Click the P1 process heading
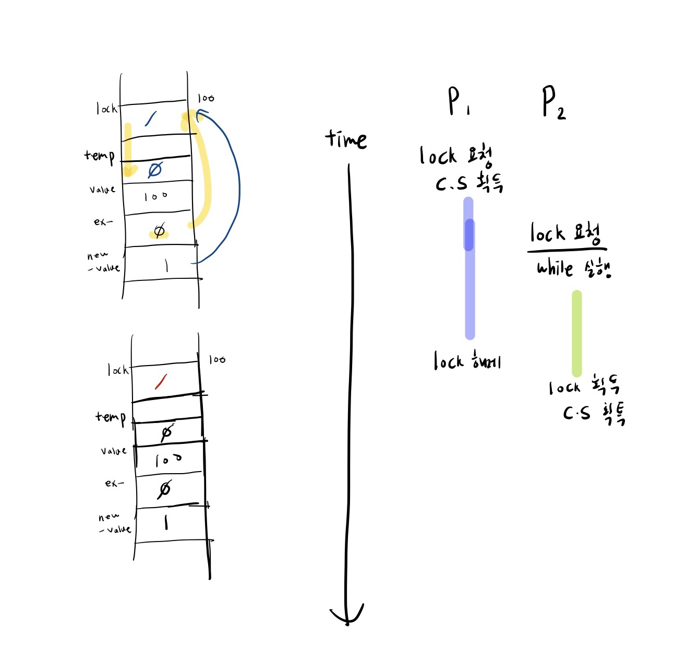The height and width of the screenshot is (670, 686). [458, 101]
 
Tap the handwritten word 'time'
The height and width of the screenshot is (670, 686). [346, 139]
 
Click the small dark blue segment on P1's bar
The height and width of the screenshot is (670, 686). [469, 234]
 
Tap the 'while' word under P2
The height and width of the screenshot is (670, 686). [555, 268]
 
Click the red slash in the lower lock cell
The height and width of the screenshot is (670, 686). [161, 382]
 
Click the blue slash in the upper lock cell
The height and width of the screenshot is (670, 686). [151, 119]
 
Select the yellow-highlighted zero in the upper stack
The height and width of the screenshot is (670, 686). [159, 231]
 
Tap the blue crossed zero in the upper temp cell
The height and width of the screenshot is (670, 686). [155, 170]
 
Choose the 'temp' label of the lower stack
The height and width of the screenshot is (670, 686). [111, 417]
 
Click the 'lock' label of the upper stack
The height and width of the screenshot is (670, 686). [106, 109]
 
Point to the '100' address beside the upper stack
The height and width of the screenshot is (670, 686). [206, 98]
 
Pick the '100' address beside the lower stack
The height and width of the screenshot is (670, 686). [217, 359]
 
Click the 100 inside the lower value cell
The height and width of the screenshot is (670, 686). [168, 460]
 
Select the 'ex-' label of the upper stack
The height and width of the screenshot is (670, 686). [103, 222]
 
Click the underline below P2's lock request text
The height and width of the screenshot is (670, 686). [567, 250]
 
